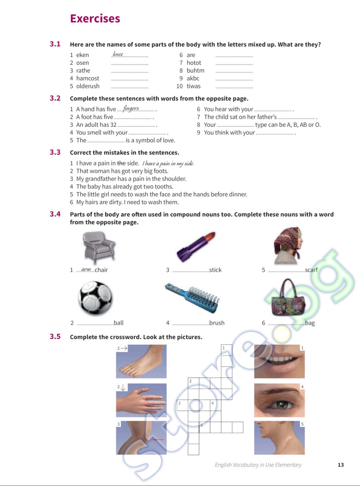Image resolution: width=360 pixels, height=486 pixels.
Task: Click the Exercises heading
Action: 95,18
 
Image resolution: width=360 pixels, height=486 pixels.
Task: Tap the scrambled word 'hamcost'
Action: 87,78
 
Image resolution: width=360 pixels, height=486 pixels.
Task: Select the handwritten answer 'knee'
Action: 118,54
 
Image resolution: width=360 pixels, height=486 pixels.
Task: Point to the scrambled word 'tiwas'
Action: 193,86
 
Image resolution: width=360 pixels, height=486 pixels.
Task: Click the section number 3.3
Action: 55,152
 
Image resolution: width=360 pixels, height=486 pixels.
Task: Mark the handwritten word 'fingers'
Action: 131,109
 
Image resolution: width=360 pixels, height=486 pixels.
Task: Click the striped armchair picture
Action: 99,247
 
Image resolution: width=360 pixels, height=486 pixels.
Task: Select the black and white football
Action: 95,298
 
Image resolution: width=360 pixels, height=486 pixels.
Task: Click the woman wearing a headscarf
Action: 287,246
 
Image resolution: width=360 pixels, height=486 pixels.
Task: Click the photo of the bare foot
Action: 141,361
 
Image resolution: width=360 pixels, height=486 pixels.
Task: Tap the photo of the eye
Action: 279,400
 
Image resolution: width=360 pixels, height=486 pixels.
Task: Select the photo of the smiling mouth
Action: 279,361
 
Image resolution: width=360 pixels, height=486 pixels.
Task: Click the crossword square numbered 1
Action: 226,350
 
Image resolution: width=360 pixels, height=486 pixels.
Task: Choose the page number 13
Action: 341,465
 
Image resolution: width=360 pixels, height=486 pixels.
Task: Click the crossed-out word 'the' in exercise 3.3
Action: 121,163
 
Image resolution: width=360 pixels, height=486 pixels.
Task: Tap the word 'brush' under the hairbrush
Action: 217,323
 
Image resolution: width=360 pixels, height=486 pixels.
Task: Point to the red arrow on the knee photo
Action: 158,439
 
